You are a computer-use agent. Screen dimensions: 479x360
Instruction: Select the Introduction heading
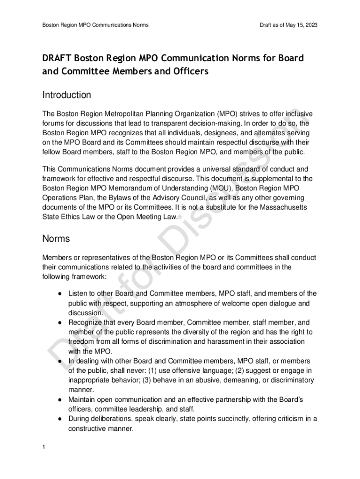point(67,95)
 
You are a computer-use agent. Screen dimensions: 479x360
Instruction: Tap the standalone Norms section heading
point(56,239)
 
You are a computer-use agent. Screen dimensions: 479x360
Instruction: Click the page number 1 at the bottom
point(43,447)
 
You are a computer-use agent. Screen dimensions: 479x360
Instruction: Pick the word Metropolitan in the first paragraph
point(144,114)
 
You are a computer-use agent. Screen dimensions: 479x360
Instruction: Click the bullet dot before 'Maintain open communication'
point(61,400)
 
